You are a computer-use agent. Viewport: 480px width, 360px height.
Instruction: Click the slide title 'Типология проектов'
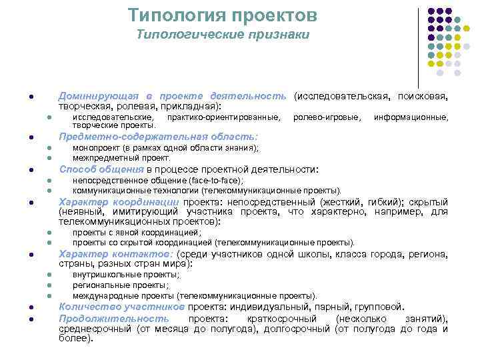(x=223, y=15)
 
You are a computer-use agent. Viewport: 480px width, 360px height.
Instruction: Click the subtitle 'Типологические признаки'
(x=223, y=34)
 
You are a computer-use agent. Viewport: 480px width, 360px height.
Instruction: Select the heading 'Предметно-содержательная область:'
(x=158, y=137)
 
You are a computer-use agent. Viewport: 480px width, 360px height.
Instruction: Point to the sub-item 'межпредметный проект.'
(x=121, y=158)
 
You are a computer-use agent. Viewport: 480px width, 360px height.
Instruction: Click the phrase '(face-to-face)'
(x=216, y=180)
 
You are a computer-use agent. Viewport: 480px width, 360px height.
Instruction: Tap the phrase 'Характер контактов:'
(x=117, y=254)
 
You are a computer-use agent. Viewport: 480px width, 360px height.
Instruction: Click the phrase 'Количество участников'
(x=121, y=307)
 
